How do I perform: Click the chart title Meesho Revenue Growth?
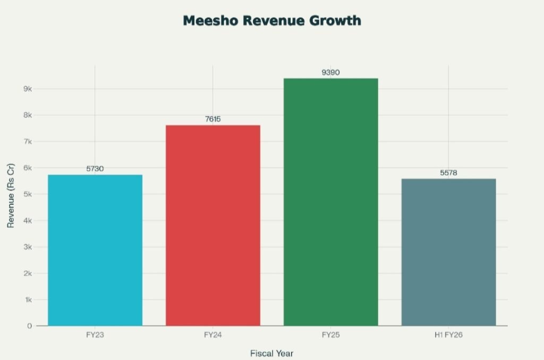click(272, 21)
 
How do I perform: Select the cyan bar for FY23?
click(95, 250)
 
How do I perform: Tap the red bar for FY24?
click(213, 225)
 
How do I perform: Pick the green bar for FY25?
click(330, 202)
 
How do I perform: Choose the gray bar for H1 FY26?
click(448, 252)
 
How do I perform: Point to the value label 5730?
click(95, 169)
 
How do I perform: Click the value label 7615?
click(213, 119)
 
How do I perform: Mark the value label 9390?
click(330, 72)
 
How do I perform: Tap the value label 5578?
click(448, 173)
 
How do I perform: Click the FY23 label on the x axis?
click(95, 335)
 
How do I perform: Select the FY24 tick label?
click(213, 335)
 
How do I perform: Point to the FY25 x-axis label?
click(330, 335)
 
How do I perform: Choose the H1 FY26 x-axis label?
click(448, 335)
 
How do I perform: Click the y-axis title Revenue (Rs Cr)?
click(10, 195)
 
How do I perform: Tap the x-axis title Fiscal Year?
click(271, 353)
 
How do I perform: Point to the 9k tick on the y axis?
click(28, 89)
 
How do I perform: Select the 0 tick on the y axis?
click(30, 325)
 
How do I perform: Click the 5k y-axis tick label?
click(28, 194)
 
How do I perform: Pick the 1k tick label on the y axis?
click(28, 299)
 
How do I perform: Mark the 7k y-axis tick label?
click(28, 142)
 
